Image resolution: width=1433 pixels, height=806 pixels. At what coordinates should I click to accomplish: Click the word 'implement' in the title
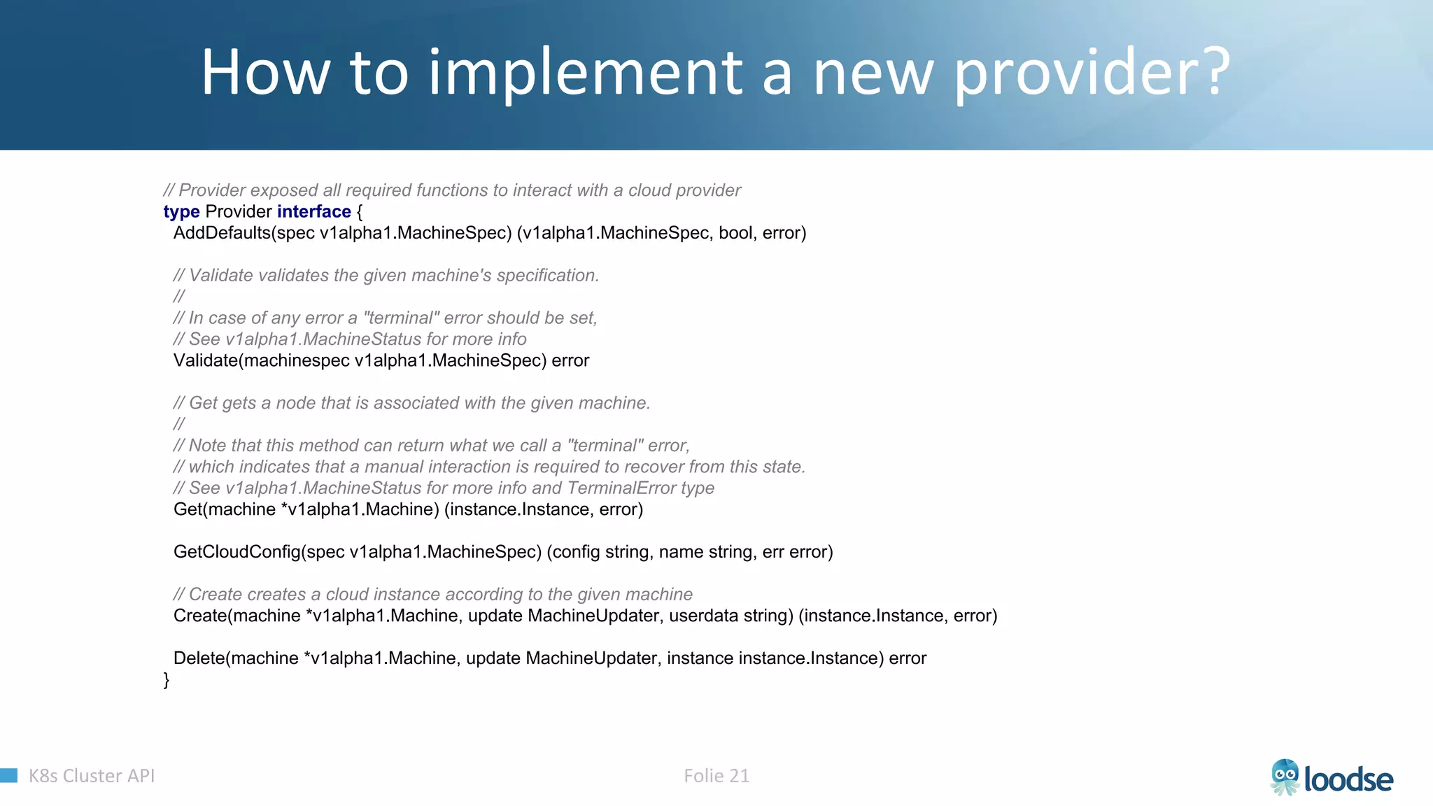[585, 73]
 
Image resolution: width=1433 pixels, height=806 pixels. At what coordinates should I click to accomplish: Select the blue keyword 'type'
[181, 212]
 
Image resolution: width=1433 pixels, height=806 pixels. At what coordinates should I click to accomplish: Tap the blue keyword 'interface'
[313, 212]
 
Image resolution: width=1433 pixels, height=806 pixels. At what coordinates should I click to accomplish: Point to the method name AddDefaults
[221, 233]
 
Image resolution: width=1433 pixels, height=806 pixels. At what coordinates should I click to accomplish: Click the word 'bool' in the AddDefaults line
[735, 233]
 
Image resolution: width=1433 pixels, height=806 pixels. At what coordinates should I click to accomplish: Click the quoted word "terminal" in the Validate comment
[402, 318]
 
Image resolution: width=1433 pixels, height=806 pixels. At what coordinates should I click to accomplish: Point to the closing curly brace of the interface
[167, 680]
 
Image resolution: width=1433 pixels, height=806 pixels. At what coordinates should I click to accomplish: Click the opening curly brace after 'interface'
[360, 212]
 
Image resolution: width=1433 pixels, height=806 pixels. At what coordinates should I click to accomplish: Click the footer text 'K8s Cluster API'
[92, 776]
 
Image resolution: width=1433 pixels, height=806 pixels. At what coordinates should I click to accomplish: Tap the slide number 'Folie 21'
[716, 776]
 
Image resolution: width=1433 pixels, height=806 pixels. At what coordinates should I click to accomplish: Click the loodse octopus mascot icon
[1285, 777]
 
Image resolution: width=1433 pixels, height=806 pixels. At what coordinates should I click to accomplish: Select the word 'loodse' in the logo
[1348, 779]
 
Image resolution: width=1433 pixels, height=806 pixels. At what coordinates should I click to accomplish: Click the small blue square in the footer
[8, 775]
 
